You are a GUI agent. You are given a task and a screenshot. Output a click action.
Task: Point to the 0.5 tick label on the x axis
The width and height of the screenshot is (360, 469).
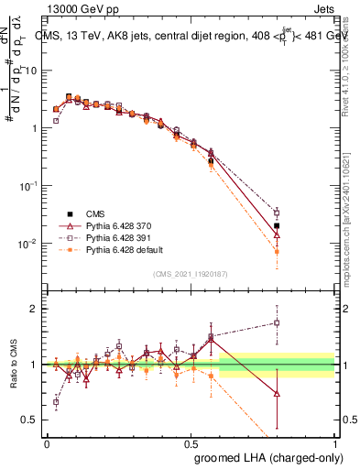click(x=191, y=442)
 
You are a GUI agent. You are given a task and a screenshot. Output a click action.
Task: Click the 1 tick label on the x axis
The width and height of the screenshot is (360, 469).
click(x=335, y=442)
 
